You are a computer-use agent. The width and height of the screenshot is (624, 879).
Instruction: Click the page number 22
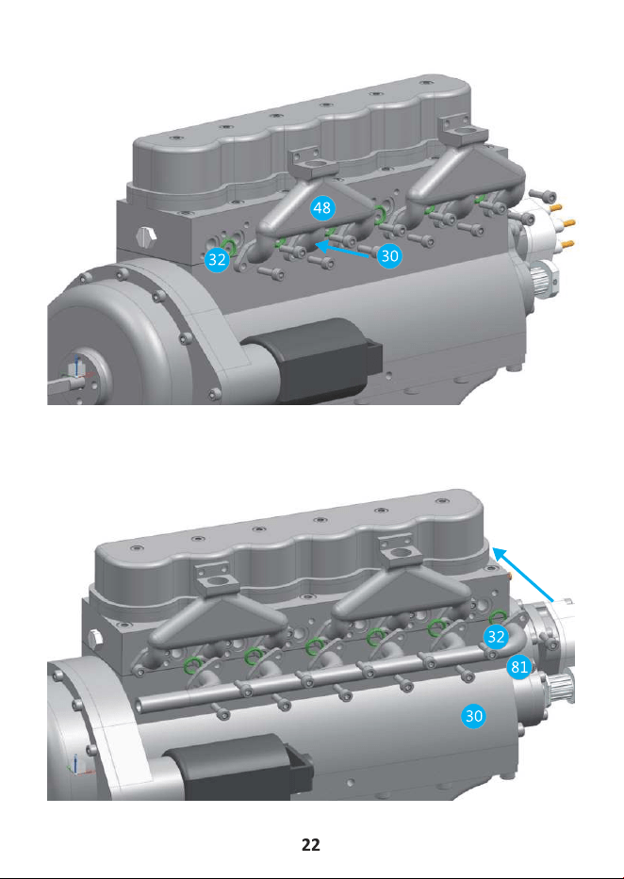click(x=311, y=845)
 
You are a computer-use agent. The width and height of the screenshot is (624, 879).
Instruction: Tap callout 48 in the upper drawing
click(x=321, y=208)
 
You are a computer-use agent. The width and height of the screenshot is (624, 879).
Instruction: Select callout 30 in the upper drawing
click(x=389, y=256)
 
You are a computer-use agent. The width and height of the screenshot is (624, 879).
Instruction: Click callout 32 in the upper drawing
click(x=217, y=259)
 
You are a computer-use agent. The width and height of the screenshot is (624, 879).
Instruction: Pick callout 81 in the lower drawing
click(x=519, y=667)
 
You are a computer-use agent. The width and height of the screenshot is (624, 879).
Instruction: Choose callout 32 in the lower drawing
click(x=496, y=636)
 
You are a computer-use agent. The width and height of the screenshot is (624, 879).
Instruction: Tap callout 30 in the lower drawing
click(x=474, y=716)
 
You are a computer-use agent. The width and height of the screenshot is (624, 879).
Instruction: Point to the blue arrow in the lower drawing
click(x=523, y=575)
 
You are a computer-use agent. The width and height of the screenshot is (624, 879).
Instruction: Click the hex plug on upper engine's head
click(x=146, y=236)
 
